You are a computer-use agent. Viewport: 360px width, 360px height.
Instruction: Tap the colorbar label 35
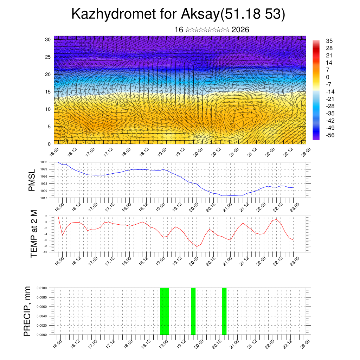pos(330,41)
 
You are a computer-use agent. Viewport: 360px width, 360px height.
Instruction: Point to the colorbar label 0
pos(328,77)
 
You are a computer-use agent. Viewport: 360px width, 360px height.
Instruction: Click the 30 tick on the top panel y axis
pos(48,39)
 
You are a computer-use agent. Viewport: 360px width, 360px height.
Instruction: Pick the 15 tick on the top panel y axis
pos(48,92)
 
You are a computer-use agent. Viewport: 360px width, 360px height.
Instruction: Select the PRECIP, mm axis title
pos(27,311)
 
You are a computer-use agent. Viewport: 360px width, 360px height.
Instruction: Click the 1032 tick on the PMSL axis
pos(44,162)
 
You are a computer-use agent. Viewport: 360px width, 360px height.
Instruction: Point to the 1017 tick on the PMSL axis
pos(44,198)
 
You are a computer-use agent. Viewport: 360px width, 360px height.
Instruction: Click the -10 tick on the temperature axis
pos(45,252)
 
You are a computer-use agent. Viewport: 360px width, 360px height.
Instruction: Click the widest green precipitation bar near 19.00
pos(165,311)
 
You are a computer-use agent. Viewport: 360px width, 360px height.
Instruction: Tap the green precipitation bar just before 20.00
pos(193,311)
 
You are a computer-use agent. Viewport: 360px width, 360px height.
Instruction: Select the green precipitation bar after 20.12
pos(224,311)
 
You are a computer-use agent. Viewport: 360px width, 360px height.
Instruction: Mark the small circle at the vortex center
pos(247,116)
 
